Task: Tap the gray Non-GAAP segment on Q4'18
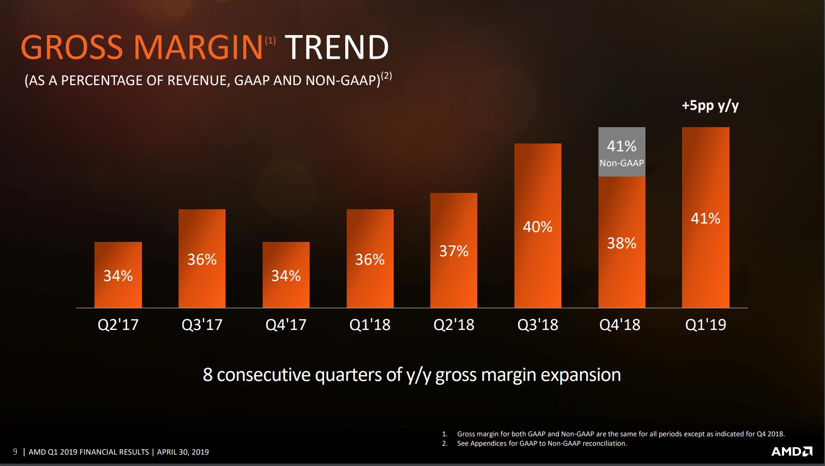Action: (x=622, y=152)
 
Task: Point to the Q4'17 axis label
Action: (x=286, y=325)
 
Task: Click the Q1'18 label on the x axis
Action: (x=370, y=325)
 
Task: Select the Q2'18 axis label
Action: (x=454, y=325)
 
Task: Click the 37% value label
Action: (x=454, y=251)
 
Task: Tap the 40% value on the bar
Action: (x=538, y=227)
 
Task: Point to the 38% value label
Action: (x=622, y=243)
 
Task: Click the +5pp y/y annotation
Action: (x=710, y=105)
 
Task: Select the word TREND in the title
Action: (x=337, y=47)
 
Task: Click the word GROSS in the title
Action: (x=72, y=47)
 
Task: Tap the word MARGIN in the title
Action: (x=198, y=47)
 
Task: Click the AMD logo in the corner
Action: (x=792, y=451)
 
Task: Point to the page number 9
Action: (x=15, y=452)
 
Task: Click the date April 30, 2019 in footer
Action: (x=183, y=452)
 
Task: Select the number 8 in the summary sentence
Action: (x=208, y=375)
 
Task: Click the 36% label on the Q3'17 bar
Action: (x=202, y=260)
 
